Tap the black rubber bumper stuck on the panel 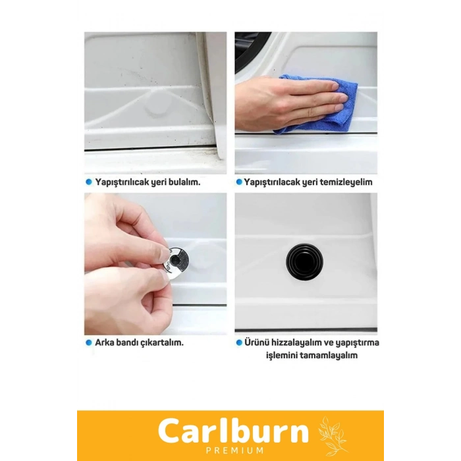(304, 261)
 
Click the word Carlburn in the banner (233, 431)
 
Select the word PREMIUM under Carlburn (234, 450)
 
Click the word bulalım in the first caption (184, 182)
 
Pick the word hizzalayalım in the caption (296, 343)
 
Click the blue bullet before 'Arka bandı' (89, 342)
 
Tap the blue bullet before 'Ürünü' (239, 342)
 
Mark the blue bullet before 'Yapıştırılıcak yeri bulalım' (89, 182)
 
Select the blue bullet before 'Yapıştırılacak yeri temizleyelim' (239, 182)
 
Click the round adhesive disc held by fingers (176, 261)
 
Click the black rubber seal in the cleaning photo (250, 50)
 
